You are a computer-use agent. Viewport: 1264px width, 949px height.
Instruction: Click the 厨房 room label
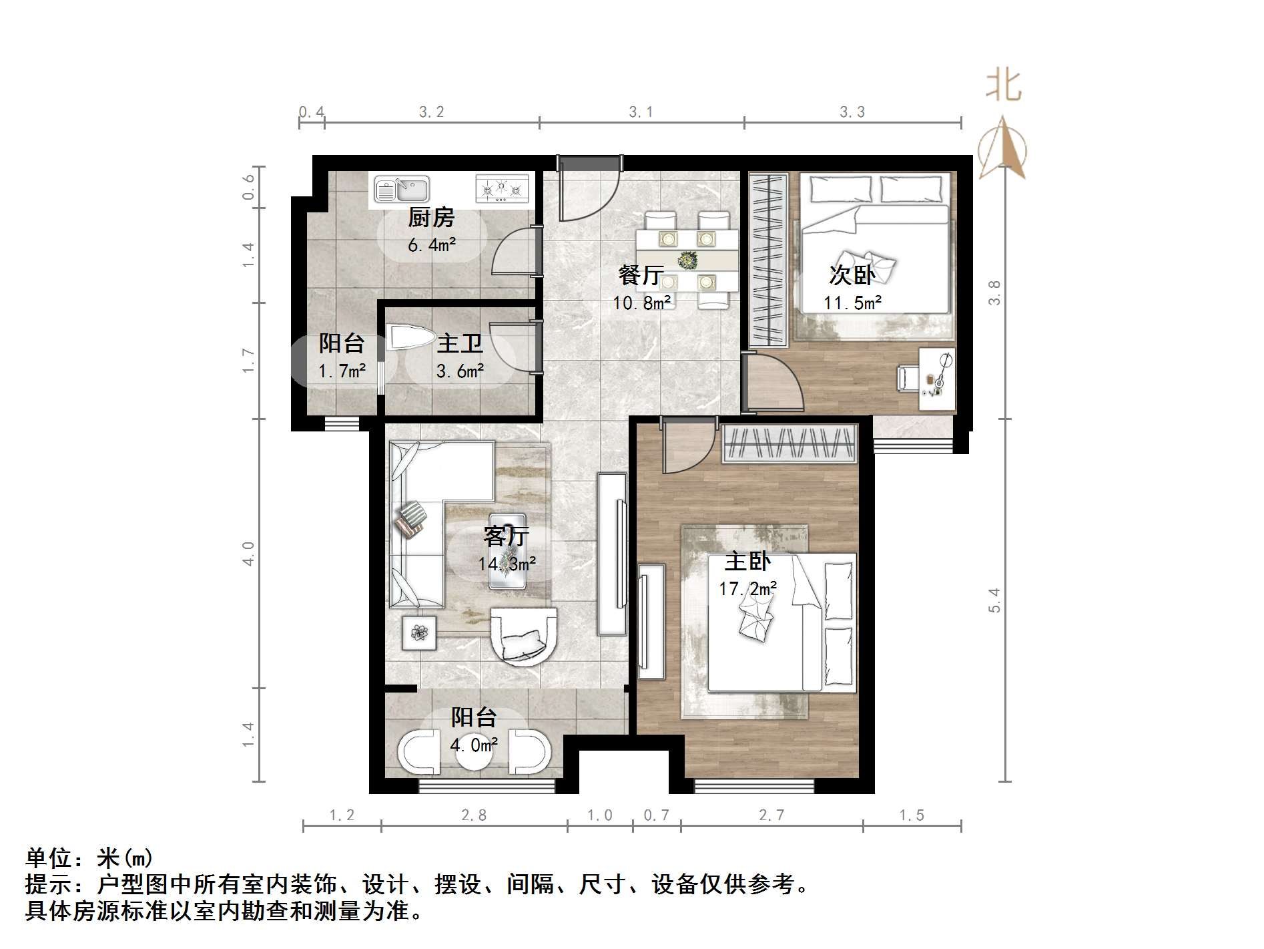coord(431,218)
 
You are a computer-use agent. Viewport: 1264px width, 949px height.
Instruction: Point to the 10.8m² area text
coord(642,303)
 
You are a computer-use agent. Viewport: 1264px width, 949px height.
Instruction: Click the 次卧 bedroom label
coord(852,274)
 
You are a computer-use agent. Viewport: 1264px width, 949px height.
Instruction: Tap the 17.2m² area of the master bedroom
coord(747,589)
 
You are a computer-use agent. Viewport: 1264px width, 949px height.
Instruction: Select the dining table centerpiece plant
coord(686,258)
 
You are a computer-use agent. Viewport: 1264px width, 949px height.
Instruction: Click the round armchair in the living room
coord(524,636)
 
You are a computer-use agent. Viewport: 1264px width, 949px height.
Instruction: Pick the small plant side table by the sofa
coord(419,632)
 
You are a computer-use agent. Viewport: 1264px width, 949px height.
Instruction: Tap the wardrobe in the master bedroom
coord(789,443)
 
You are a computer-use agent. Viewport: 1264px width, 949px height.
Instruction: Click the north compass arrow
coord(1002,148)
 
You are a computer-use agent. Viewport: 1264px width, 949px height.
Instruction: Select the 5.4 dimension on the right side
coord(994,599)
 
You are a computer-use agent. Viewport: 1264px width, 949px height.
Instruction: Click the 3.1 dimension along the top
coord(641,112)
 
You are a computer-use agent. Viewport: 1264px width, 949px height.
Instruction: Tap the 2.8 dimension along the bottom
coord(474,815)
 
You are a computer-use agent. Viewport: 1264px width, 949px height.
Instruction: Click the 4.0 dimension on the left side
coord(248,554)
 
